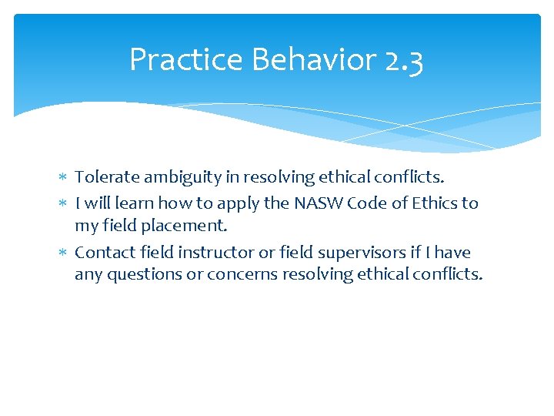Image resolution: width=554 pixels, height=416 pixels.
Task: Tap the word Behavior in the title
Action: [x=293, y=60]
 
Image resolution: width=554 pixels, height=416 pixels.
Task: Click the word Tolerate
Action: [x=108, y=177]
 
